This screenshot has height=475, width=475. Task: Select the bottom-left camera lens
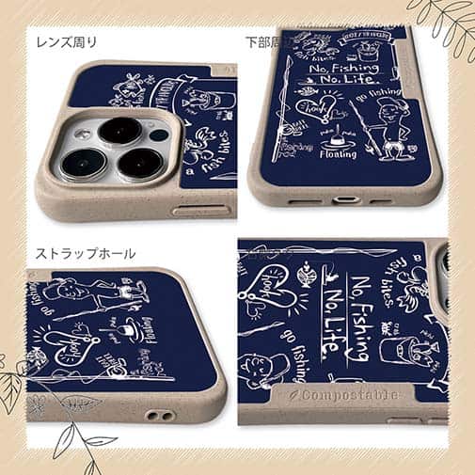(79, 161)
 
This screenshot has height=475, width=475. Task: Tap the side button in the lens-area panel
(193, 210)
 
